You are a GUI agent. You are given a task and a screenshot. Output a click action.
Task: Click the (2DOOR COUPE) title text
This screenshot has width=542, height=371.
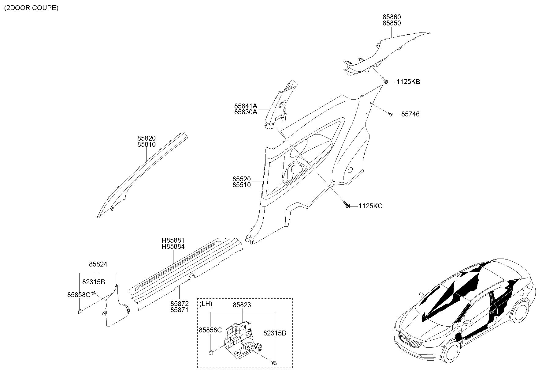click(31, 8)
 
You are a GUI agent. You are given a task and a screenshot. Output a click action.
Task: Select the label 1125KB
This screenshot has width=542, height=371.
click(408, 82)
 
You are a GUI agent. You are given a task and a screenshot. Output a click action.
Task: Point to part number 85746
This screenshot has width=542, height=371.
click(410, 114)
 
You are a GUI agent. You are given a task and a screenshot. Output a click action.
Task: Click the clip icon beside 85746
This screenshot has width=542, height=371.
click(390, 114)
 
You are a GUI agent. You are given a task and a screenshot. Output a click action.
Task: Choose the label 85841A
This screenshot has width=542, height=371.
click(246, 106)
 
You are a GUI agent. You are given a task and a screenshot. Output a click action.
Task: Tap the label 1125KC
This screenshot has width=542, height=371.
click(370, 206)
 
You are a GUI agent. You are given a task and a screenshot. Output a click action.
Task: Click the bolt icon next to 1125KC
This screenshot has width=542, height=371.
click(347, 205)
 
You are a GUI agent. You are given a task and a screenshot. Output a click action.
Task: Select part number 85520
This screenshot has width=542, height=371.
click(241, 179)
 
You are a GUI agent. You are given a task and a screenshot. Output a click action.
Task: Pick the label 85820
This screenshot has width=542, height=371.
click(146, 138)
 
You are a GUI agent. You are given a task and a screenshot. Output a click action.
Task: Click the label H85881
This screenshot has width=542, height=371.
click(173, 240)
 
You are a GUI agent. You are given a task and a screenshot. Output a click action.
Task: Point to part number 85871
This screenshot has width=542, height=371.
click(180, 310)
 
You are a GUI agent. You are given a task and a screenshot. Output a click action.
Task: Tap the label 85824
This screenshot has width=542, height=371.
click(98, 264)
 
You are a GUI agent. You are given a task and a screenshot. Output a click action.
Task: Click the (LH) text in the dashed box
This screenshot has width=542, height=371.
click(206, 304)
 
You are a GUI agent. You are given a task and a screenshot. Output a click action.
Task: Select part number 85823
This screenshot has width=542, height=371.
click(242, 305)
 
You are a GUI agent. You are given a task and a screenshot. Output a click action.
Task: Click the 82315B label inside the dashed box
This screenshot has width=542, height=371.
click(275, 333)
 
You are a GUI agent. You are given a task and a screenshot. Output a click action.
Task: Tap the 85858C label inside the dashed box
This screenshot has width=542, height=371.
click(210, 330)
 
